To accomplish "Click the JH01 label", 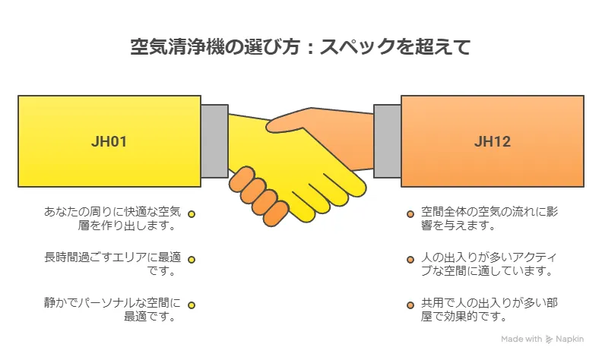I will point(109,141).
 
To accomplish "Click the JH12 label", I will point(492,141).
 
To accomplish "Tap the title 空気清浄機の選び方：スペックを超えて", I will point(300,47).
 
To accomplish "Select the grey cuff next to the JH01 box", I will point(214,141).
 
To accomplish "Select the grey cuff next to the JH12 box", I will point(388,141).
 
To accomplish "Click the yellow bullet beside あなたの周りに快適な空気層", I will point(192,215).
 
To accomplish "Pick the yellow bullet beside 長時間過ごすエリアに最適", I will point(192,260).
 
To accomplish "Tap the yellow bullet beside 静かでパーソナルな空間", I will point(192,305).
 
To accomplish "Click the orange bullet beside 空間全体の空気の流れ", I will point(410,215).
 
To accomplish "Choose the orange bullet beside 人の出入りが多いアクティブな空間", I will point(410,260).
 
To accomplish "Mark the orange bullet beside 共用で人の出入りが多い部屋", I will point(410,305).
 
